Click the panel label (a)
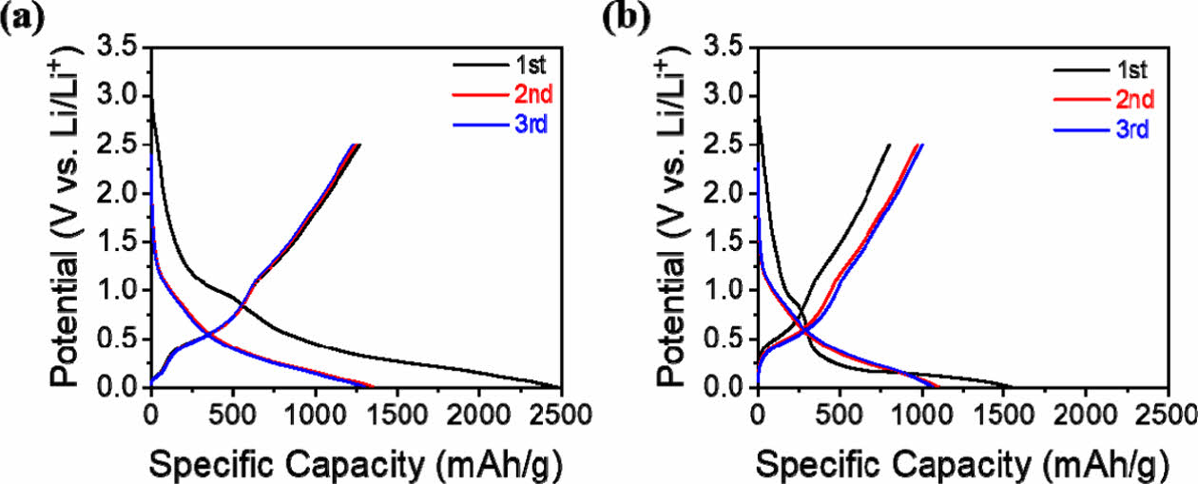[x=20, y=18]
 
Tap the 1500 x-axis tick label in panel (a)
[x=396, y=415]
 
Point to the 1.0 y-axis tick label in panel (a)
[x=119, y=291]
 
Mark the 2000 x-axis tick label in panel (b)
[x=1086, y=415]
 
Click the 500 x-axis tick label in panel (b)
[x=840, y=415]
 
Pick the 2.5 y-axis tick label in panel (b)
[x=725, y=145]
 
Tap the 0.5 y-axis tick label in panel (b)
[x=725, y=339]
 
